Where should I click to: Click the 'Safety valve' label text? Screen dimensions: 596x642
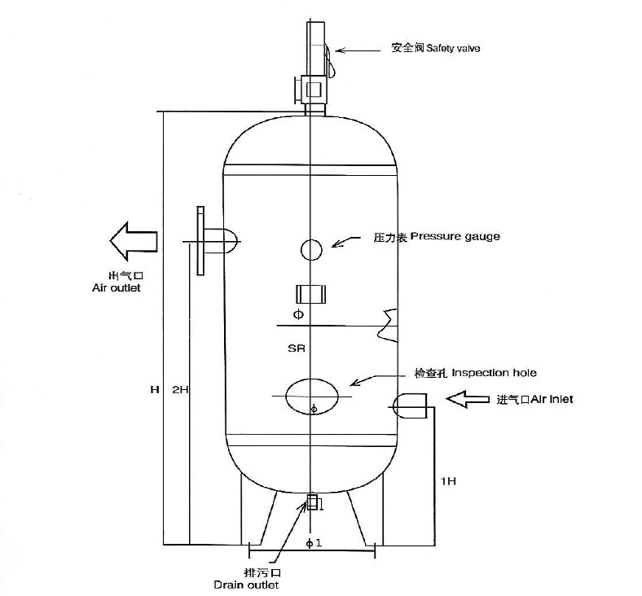(436, 49)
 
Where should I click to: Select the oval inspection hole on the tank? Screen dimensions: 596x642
(314, 396)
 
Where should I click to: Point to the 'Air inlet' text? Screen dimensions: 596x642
(534, 400)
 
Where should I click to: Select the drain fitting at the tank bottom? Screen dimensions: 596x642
(312, 502)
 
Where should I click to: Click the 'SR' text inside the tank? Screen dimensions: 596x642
(296, 348)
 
